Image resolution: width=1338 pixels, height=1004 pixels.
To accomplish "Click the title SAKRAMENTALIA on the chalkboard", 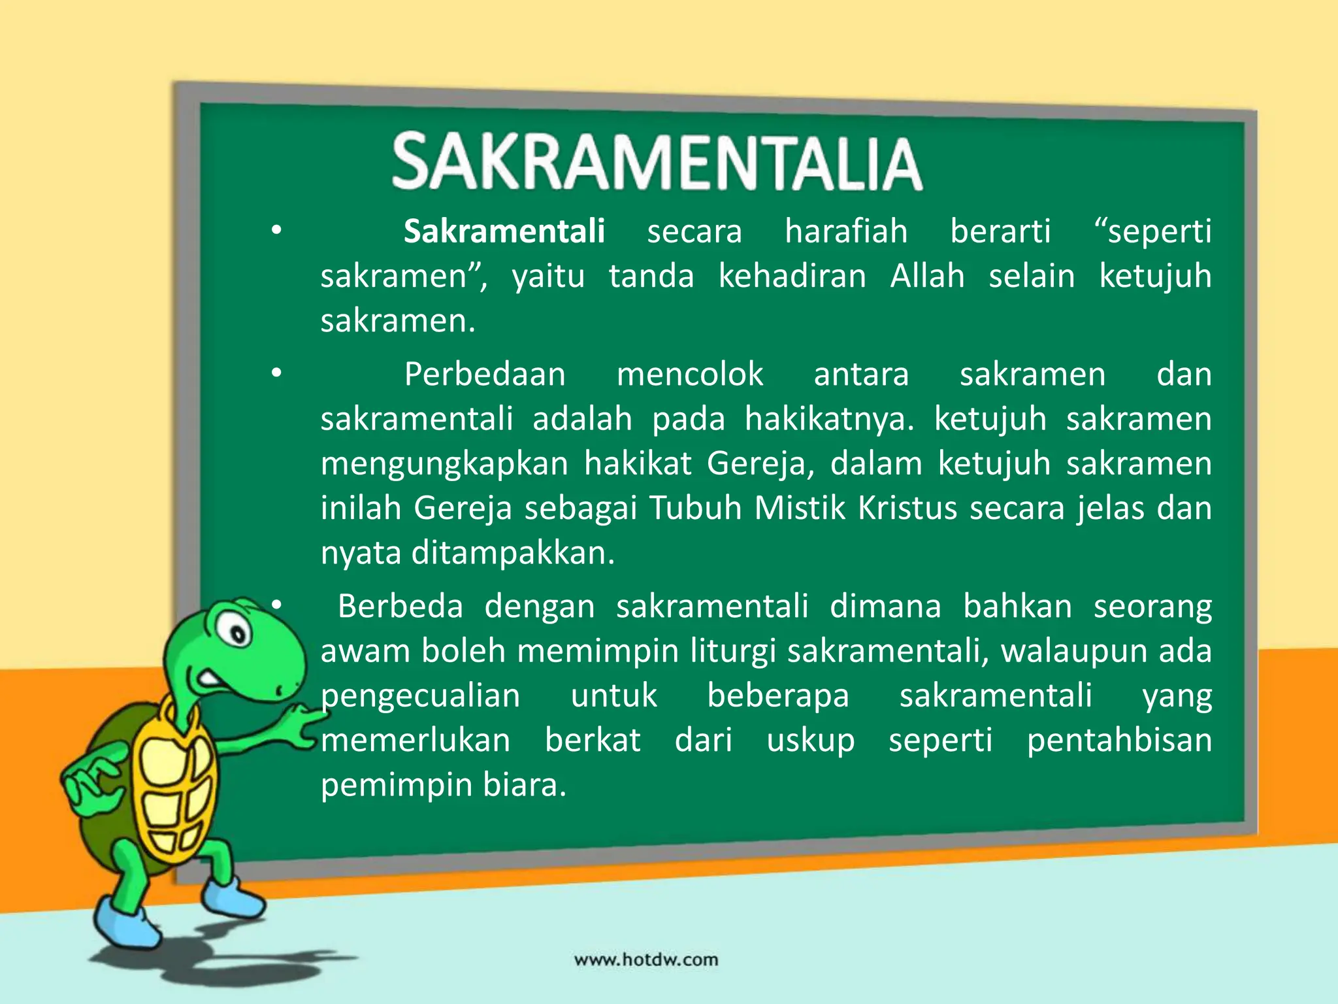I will coord(657,162).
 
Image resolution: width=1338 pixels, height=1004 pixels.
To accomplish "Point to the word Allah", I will coord(927,276).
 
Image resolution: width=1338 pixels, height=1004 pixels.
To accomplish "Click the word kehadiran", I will coord(792,276).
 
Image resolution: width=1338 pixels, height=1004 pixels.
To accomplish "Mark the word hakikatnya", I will coord(829,419).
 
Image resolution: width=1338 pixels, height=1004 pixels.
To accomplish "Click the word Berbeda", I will coord(400,607).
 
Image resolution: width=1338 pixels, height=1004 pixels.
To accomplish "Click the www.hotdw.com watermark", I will coord(646,960).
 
